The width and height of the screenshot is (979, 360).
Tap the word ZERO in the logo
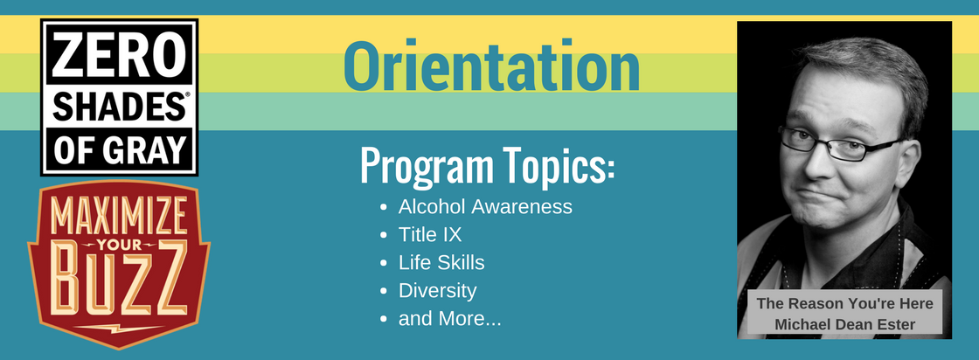coord(119,56)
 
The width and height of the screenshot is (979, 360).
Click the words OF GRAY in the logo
coord(119,149)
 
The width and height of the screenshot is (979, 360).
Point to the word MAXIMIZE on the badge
coord(119,216)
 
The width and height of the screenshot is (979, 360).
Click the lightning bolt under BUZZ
coord(119,327)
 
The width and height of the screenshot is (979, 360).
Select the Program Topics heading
coord(488,166)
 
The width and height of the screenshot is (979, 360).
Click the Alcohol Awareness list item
coord(485,206)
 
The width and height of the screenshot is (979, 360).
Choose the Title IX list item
coord(430,234)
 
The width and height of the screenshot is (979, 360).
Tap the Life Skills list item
coord(441,263)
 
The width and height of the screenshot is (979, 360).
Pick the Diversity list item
coord(437,291)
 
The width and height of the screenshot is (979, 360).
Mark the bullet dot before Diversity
coord(384,292)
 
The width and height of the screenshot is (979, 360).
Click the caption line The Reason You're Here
coord(844,304)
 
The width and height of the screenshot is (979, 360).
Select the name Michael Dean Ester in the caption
coord(844,324)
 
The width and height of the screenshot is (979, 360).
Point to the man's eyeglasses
coord(837,144)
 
